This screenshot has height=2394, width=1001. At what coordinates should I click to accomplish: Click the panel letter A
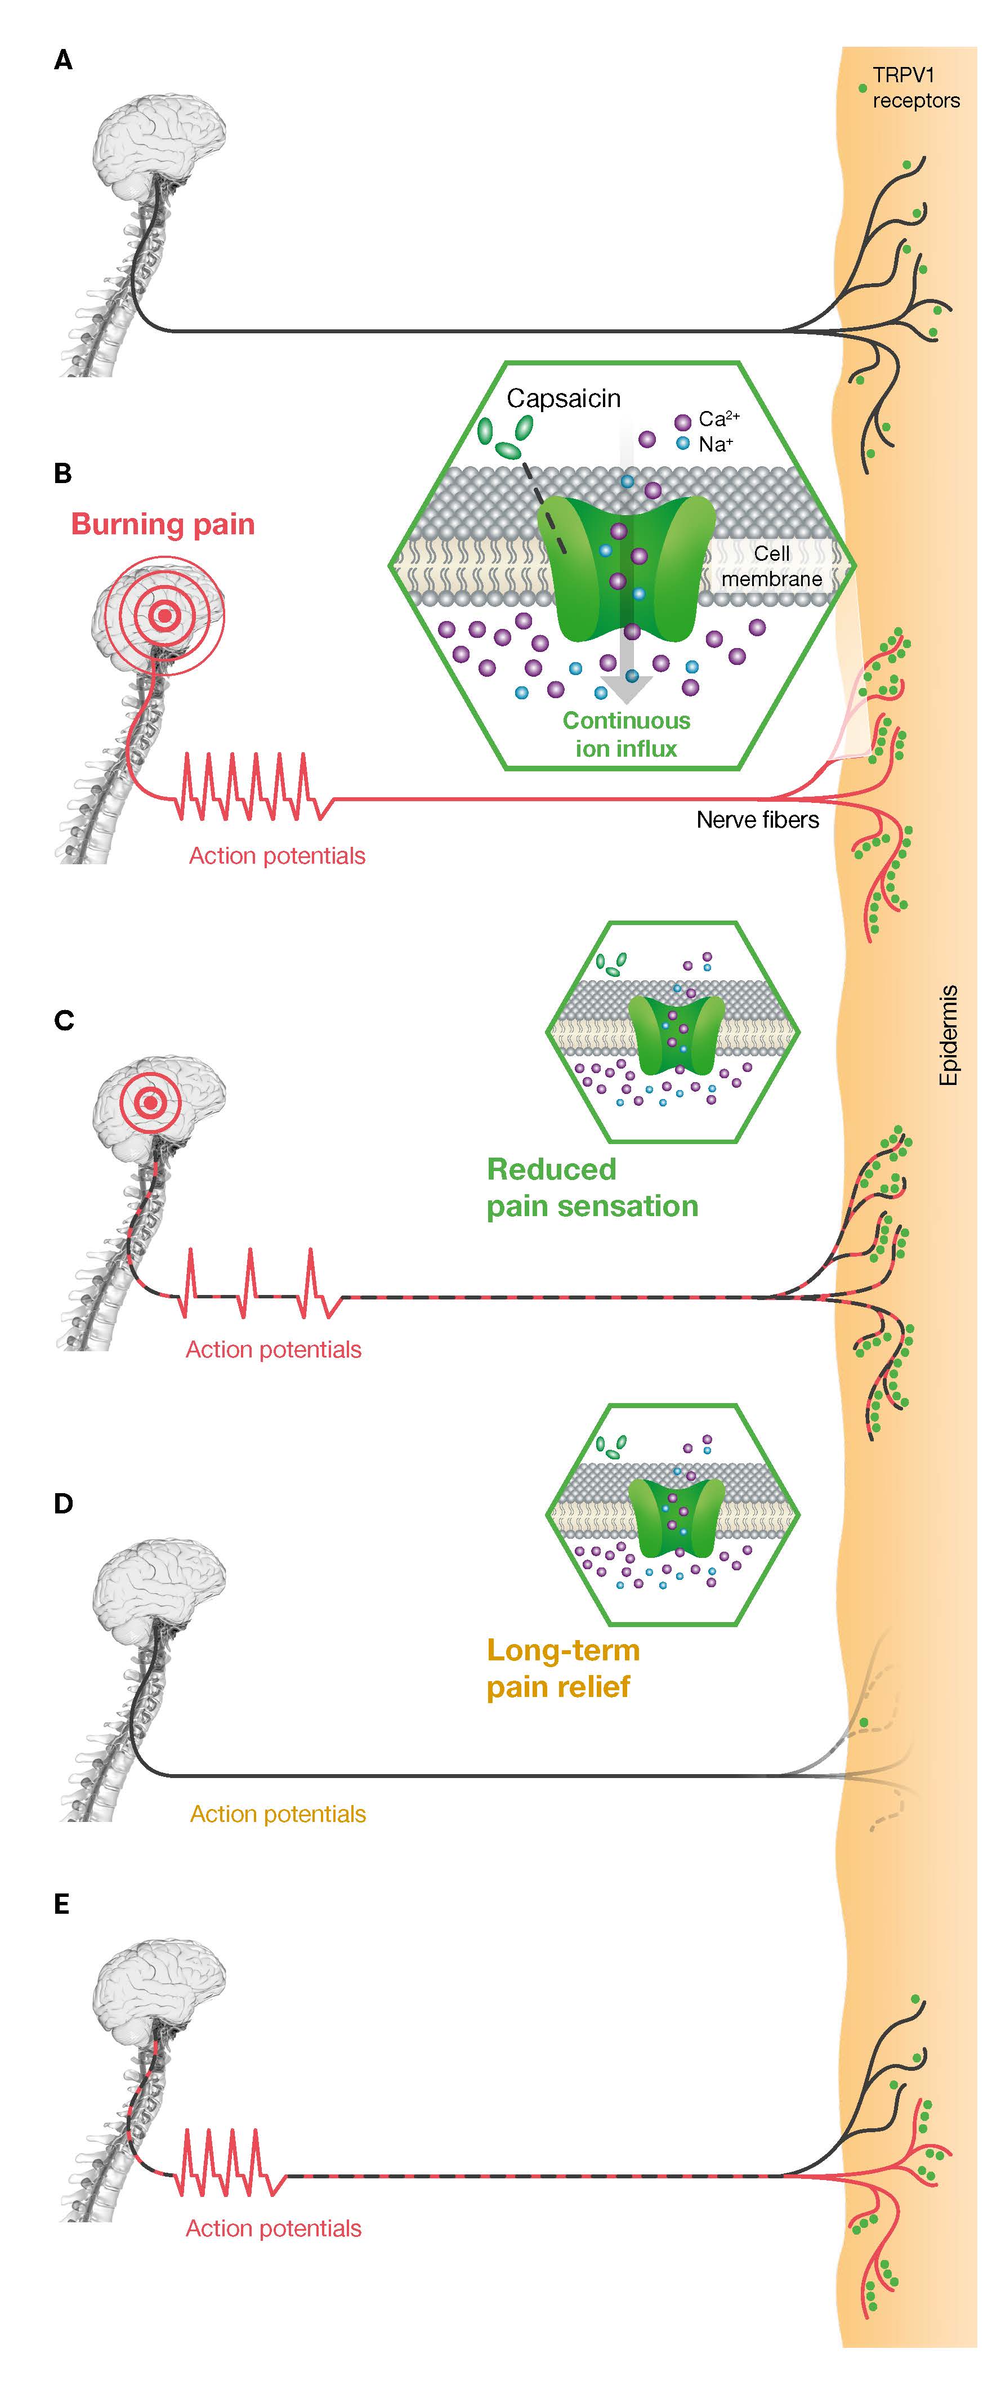[63, 61]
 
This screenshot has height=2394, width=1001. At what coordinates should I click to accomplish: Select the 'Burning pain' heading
[163, 524]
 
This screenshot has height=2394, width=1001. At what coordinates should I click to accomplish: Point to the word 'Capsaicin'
[563, 399]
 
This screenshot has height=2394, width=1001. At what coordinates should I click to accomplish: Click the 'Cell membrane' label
[771, 566]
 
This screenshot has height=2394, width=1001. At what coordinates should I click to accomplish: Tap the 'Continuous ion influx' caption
[627, 734]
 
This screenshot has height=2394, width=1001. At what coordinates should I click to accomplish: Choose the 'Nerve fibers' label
[757, 820]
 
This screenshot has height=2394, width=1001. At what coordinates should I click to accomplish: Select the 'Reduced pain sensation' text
[592, 1187]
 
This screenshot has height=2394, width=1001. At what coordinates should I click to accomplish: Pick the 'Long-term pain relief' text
[563, 1668]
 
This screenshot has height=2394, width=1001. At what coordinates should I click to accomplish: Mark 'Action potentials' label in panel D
[278, 1814]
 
